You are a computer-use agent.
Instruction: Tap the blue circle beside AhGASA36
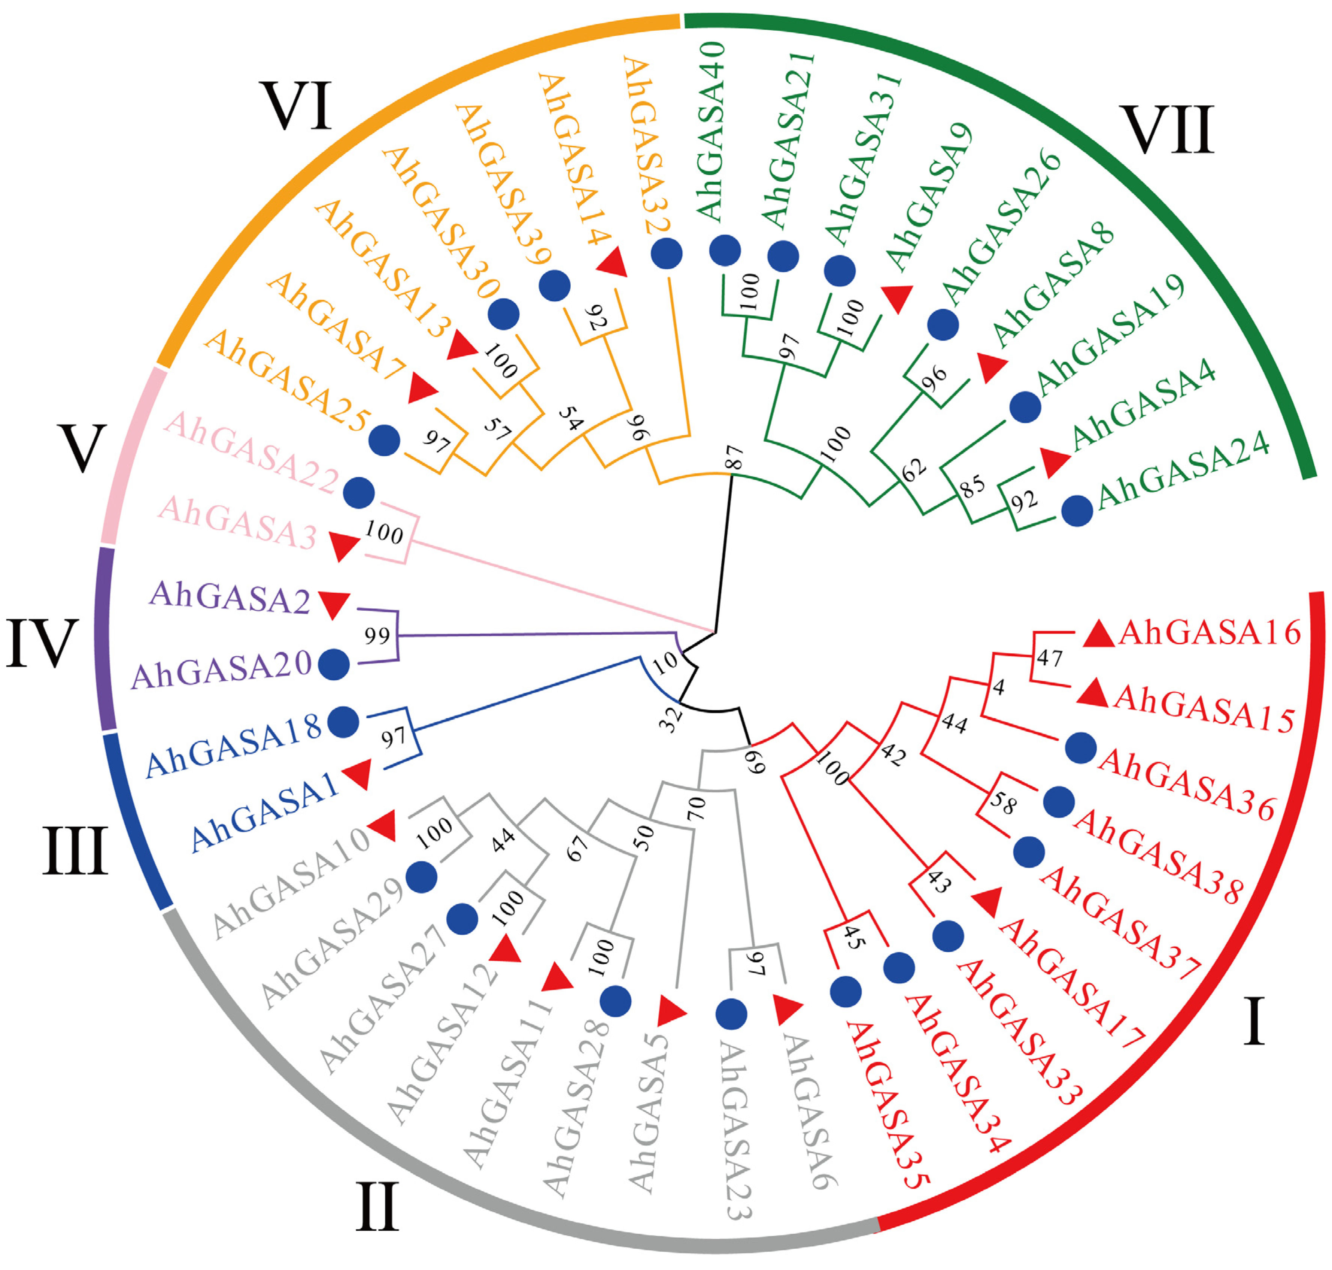click(x=1080, y=747)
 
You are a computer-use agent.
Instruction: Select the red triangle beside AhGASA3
click(x=343, y=545)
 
